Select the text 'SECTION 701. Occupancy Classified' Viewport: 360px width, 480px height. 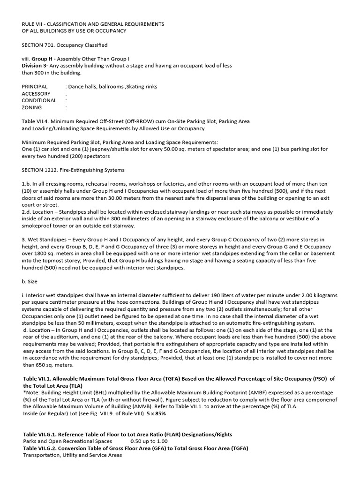[65, 45]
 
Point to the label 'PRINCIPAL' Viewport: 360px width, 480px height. [35, 87]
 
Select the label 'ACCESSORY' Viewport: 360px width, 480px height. [36, 94]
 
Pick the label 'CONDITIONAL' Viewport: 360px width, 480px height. [39, 100]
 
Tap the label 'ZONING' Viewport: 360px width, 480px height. [31, 107]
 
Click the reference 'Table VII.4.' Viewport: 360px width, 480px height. [37, 121]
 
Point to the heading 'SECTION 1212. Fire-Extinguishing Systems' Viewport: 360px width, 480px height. [73, 169]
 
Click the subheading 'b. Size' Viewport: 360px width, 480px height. [30, 282]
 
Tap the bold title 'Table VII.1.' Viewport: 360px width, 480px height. [40, 379]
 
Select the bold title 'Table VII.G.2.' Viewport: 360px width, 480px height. [43, 448]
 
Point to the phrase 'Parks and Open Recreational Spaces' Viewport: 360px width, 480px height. [67, 441]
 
